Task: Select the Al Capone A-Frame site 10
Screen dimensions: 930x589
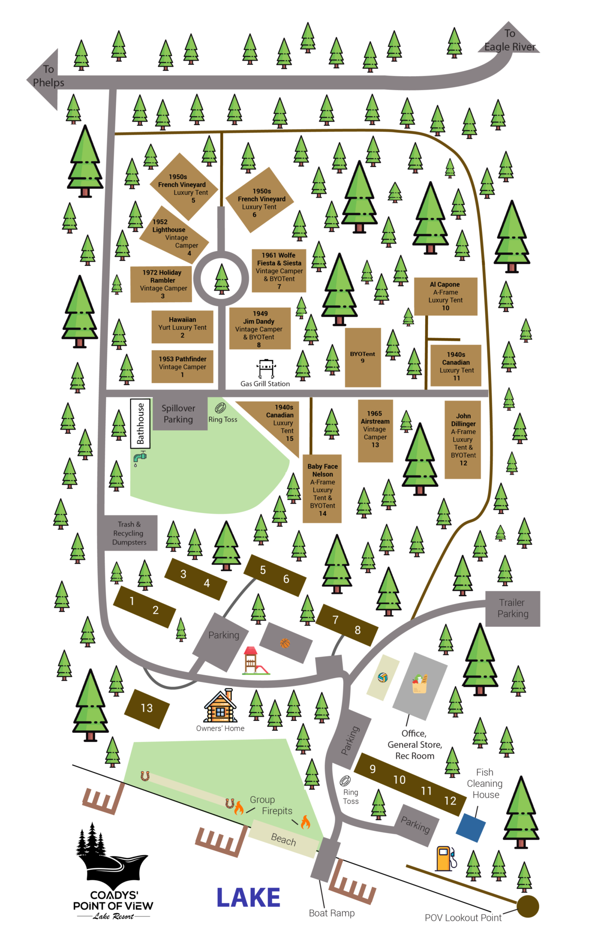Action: (446, 296)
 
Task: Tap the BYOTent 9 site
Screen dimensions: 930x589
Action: (363, 357)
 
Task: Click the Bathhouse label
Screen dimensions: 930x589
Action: (140, 423)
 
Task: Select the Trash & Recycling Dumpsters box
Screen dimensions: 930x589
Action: (129, 533)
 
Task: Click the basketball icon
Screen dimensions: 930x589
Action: (285, 643)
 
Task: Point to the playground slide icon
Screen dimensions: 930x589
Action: (254, 661)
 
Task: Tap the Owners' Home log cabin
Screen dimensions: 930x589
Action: (221, 707)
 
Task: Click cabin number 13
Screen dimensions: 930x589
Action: (147, 708)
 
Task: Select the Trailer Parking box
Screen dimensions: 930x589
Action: (513, 608)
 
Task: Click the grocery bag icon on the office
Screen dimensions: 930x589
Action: (420, 684)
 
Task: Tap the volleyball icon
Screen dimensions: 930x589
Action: (383, 677)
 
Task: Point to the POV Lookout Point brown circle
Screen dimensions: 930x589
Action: (528, 906)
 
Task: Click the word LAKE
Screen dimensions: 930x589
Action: (248, 898)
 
